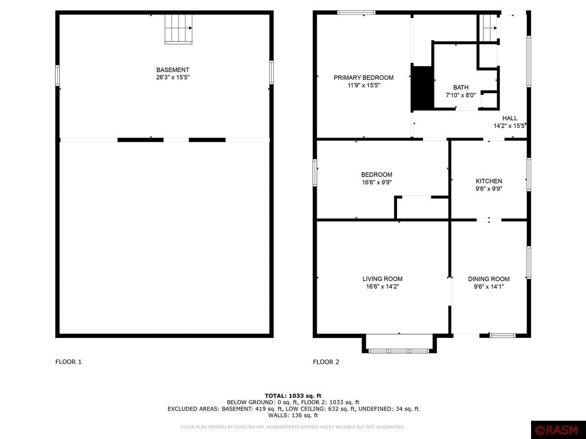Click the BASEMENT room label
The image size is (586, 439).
(173, 70)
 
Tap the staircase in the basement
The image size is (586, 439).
(179, 29)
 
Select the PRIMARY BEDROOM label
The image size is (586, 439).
(364, 78)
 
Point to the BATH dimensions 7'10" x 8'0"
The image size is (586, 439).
(461, 95)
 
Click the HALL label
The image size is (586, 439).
(510, 118)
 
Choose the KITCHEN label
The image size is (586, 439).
(488, 181)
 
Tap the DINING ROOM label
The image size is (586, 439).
(488, 279)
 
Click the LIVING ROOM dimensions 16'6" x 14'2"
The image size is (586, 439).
(382, 287)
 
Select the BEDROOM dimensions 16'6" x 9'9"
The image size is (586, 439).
(376, 182)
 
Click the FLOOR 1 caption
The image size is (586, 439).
(68, 362)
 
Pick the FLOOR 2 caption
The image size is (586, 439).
(326, 362)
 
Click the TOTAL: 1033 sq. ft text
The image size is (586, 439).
(293, 396)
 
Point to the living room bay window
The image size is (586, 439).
(399, 351)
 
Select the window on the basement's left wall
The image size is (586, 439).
(57, 75)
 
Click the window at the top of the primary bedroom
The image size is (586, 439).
(356, 12)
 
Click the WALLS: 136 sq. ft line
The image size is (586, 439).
(293, 415)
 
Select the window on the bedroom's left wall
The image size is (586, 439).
(315, 172)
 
